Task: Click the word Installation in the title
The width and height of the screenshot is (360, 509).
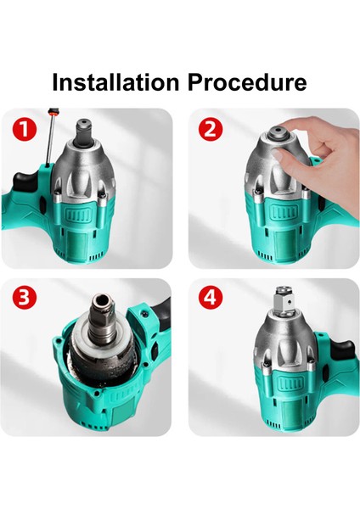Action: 115,82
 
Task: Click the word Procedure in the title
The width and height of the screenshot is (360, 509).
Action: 247,82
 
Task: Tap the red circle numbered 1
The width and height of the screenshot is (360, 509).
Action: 25,129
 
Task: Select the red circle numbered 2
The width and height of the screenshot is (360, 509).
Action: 211,129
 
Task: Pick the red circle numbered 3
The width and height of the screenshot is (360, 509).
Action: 25,298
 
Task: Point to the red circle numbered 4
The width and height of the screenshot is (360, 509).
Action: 211,298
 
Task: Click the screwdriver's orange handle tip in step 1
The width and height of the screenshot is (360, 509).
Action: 53,112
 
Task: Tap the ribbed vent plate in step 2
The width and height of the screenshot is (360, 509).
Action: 284,213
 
